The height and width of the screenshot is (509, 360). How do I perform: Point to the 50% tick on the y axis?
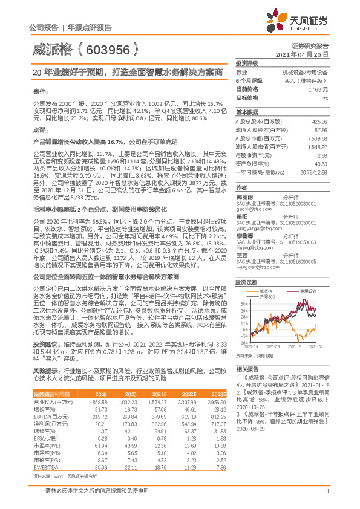244,304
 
